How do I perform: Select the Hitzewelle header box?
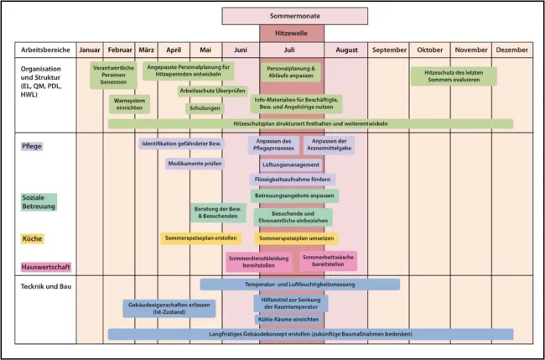point(290,33)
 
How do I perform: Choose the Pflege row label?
point(33,146)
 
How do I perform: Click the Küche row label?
point(33,238)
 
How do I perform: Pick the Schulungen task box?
point(205,108)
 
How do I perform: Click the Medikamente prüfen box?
point(195,164)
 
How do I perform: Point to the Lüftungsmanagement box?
point(290,164)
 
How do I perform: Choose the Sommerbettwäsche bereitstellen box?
point(328,260)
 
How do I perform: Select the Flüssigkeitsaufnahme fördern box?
point(292,179)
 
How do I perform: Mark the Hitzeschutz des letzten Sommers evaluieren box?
point(453,76)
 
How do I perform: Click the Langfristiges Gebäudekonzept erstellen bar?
point(310,334)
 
